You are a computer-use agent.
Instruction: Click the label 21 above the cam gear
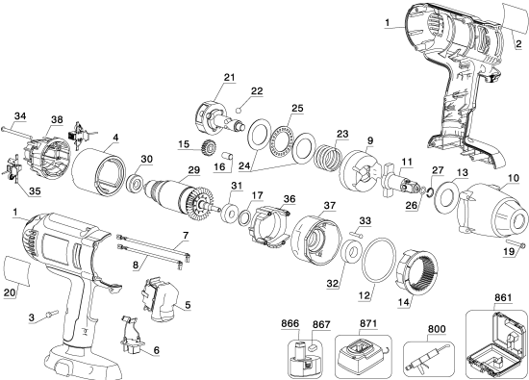pos(229,77)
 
